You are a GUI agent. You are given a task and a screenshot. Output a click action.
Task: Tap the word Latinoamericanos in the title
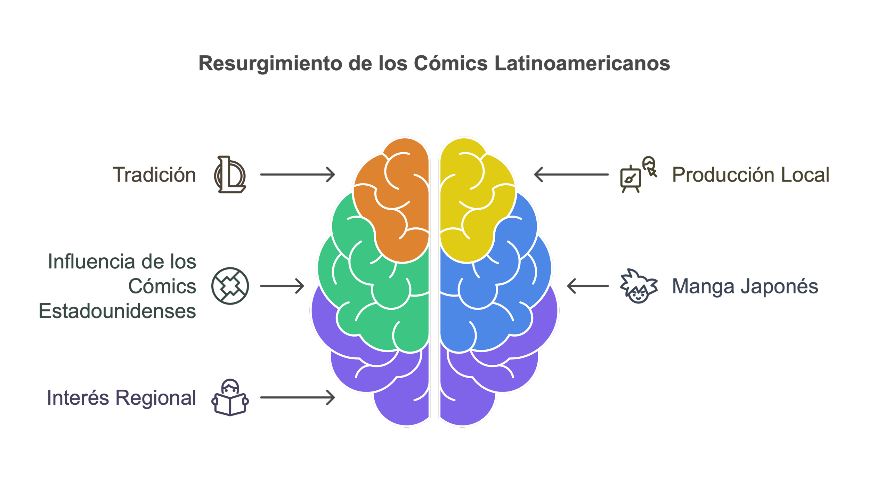pyautogui.click(x=582, y=64)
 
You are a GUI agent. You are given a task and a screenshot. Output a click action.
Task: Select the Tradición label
pyautogui.click(x=155, y=175)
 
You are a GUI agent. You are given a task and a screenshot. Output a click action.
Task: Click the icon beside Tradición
pyautogui.click(x=230, y=175)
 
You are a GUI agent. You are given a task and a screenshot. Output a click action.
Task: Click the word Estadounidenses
pyautogui.click(x=117, y=311)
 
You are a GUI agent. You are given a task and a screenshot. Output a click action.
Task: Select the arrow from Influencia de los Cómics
pyautogui.click(x=282, y=286)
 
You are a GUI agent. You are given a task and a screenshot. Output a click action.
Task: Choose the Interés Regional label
pyautogui.click(x=122, y=398)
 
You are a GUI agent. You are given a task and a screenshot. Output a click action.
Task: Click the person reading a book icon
pyautogui.click(x=230, y=398)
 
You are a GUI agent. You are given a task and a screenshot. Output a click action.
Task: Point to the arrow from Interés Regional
pyautogui.click(x=297, y=398)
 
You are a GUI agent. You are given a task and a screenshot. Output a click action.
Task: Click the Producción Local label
pyautogui.click(x=750, y=175)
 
